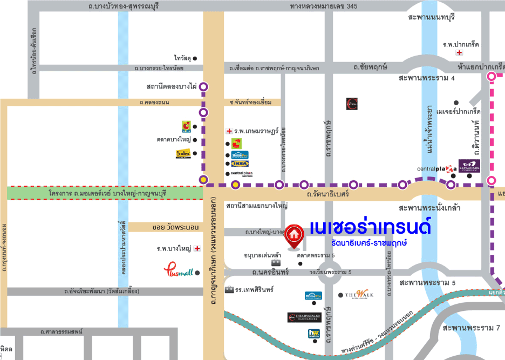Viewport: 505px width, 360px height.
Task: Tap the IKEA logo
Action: pyautogui.click(x=240, y=164)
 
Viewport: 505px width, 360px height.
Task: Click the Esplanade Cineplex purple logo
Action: pyautogui.click(x=469, y=165)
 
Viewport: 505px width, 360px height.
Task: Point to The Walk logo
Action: pyautogui.click(x=359, y=295)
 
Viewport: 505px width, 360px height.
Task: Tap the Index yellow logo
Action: pyautogui.click(x=183, y=154)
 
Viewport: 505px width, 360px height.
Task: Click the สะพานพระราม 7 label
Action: pyautogui.click(x=472, y=328)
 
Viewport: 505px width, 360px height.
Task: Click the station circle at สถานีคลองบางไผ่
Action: pyautogui.click(x=204, y=86)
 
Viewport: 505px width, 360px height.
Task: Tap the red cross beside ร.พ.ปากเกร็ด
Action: pyautogui.click(x=459, y=53)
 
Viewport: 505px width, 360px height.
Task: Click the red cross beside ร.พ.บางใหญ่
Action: pyautogui.click(x=197, y=249)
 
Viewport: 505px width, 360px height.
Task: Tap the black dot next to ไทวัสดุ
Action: pyautogui.click(x=195, y=58)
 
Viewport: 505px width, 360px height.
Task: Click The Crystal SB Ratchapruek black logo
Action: pyautogui.click(x=305, y=318)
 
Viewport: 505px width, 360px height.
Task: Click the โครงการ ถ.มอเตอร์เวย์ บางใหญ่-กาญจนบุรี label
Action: pyautogui.click(x=106, y=193)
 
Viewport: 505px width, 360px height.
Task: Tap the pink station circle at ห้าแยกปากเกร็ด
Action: pyautogui.click(x=492, y=77)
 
